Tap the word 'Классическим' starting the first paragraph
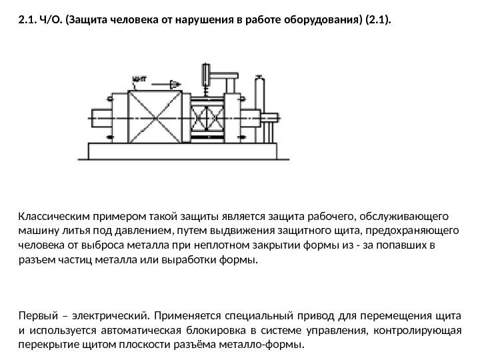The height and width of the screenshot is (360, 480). [x=50, y=217]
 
